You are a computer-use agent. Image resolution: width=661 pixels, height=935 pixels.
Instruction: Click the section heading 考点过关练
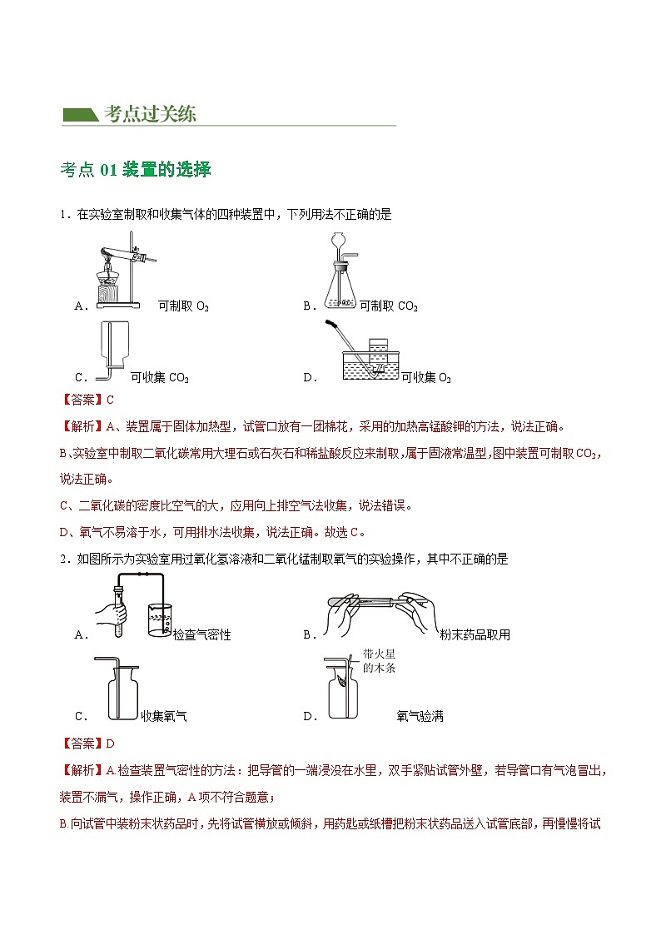pyautogui.click(x=150, y=115)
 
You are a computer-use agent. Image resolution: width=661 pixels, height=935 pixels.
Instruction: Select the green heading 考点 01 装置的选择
pyautogui.click(x=136, y=170)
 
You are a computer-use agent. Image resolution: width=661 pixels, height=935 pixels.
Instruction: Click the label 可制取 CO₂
pyautogui.click(x=388, y=306)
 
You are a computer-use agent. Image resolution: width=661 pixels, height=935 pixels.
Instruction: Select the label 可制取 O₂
pyautogui.click(x=183, y=306)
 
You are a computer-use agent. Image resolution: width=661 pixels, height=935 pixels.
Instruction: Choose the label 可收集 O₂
pyautogui.click(x=426, y=378)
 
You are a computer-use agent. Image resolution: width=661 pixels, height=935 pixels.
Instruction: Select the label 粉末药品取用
pyautogui.click(x=475, y=635)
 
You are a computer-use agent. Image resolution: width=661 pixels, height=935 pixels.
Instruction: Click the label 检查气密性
pyautogui.click(x=201, y=635)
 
